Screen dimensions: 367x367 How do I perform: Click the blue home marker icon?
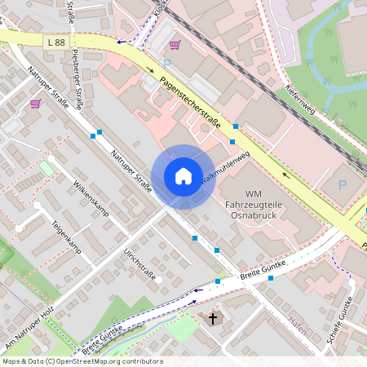coord(183,176)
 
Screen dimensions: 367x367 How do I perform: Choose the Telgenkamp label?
coord(67,235)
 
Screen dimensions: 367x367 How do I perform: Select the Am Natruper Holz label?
coord(29,325)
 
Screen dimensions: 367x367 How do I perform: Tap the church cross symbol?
coord(214,317)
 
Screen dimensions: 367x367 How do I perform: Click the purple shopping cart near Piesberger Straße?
coord(35,104)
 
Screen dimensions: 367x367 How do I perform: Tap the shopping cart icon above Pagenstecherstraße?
coord(175,46)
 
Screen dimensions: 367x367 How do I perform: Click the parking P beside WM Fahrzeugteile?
coord(343,187)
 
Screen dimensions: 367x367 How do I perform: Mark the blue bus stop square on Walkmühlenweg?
coord(232,142)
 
